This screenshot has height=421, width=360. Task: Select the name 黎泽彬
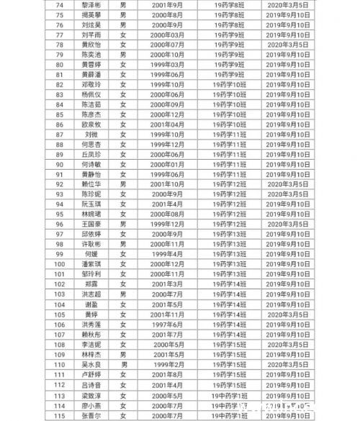click(91, 4)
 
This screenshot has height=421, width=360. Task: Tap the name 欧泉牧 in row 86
click(91, 125)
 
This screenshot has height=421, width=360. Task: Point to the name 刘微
click(91, 135)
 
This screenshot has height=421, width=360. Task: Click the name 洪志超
click(91, 294)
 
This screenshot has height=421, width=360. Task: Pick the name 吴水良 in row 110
click(91, 364)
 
